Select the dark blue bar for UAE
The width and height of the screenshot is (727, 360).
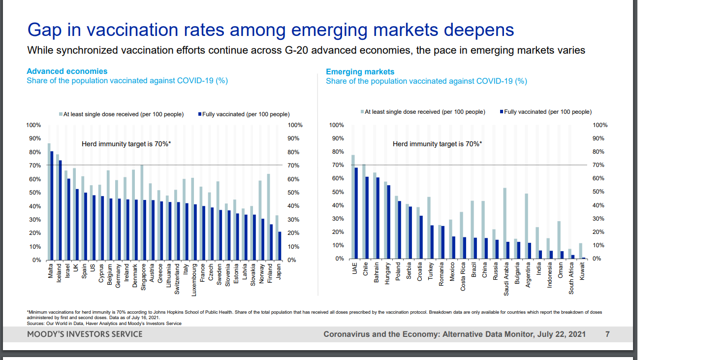[x=356, y=213]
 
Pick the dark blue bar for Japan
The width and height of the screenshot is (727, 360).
[x=280, y=246]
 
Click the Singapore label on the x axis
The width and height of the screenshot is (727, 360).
[x=143, y=277]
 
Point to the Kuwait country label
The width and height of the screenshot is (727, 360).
[x=582, y=271]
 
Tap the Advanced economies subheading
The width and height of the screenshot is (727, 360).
[x=67, y=71]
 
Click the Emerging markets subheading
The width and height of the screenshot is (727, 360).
[x=360, y=72]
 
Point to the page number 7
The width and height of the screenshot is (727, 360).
[x=607, y=334]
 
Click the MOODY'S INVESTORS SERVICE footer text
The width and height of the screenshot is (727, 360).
[x=85, y=334]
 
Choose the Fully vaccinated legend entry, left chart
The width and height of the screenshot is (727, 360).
[x=245, y=114]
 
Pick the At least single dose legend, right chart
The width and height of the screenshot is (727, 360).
[x=424, y=112]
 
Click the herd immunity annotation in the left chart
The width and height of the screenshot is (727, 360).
[x=126, y=144]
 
